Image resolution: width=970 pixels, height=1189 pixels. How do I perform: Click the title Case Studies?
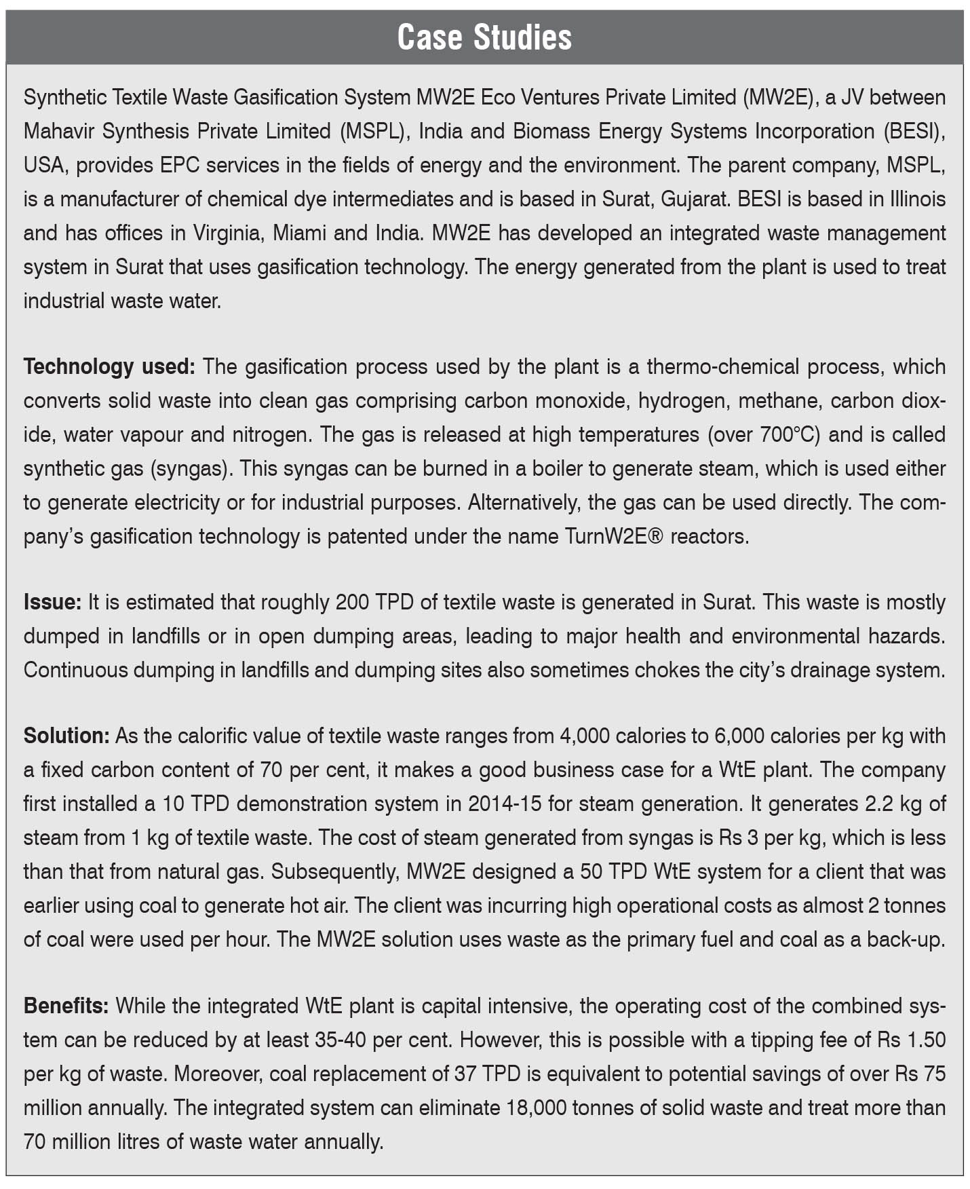484,37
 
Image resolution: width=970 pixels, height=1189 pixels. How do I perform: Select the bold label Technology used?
109,367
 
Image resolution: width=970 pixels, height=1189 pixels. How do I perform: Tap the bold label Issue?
52,603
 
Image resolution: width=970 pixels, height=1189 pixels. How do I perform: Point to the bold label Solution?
66,736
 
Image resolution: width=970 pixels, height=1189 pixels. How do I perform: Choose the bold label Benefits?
66,1006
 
